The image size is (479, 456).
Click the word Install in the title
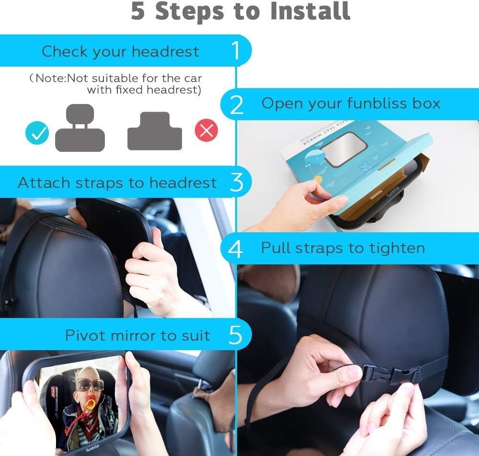310,11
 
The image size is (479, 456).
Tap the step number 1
236,50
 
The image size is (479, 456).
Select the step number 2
237,105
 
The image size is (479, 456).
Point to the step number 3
237,182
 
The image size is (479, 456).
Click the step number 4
235,249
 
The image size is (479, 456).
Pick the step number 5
235,335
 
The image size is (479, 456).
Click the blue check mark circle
37,133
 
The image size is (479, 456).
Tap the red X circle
206,130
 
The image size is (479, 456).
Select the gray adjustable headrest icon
80,128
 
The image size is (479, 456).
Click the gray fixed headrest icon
155,131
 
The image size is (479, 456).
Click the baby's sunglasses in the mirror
86,385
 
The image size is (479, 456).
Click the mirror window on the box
342,149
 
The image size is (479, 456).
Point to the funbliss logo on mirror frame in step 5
92,447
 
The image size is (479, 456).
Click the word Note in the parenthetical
50,78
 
